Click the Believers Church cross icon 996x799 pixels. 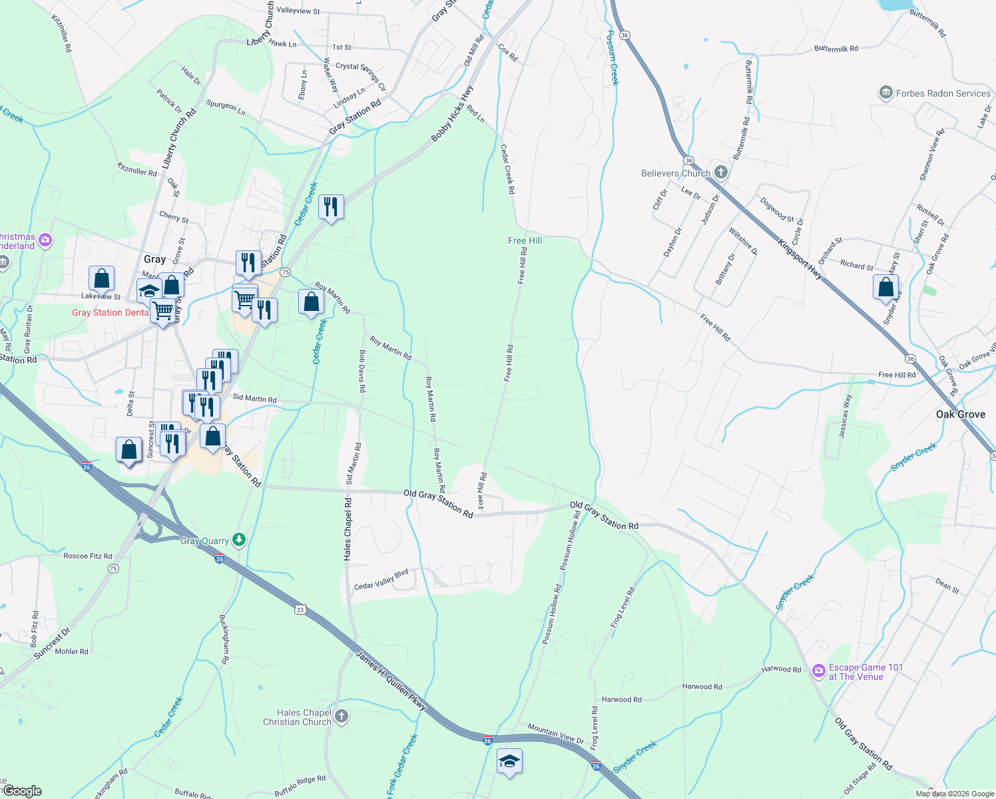pyautogui.click(x=720, y=172)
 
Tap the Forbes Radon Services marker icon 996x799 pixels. pyautogui.click(x=885, y=93)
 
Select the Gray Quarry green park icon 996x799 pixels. pyautogui.click(x=238, y=540)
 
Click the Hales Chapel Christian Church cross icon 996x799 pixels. pyautogui.click(x=341, y=716)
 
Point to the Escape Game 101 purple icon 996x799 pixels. pyautogui.click(x=818, y=671)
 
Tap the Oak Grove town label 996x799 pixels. pyautogui.click(x=960, y=414)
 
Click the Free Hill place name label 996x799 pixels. pyautogui.click(x=525, y=240)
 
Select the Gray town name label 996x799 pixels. pyautogui.click(x=154, y=259)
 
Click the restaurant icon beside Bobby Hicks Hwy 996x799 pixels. pyautogui.click(x=331, y=207)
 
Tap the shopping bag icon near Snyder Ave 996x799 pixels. pyautogui.click(x=885, y=288)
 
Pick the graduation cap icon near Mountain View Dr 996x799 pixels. pyautogui.click(x=509, y=761)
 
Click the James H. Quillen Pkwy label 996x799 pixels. pyautogui.click(x=391, y=680)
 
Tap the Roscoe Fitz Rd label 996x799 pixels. pyautogui.click(x=88, y=556)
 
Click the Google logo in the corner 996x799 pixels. pyautogui.click(x=22, y=791)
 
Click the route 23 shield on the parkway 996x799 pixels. pyautogui.click(x=301, y=609)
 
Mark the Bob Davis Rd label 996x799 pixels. pyautogui.click(x=362, y=371)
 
